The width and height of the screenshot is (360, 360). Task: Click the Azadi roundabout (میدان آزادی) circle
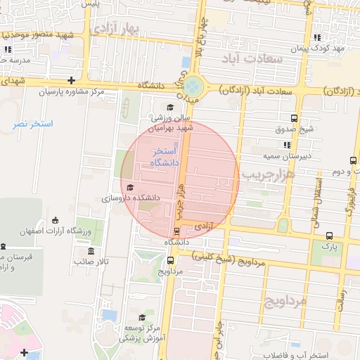point(195,87)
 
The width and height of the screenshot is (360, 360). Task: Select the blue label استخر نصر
point(33,124)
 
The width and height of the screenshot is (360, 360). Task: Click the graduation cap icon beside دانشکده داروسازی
point(130,187)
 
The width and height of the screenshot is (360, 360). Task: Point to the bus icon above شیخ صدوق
point(293,118)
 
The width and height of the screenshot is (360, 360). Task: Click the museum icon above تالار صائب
point(91,251)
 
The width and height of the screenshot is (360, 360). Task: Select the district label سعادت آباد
point(251,58)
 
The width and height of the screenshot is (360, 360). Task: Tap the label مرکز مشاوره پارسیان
point(70,92)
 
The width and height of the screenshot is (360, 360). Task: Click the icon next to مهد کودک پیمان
point(316,37)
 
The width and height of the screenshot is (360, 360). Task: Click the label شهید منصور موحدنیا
point(45,35)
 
